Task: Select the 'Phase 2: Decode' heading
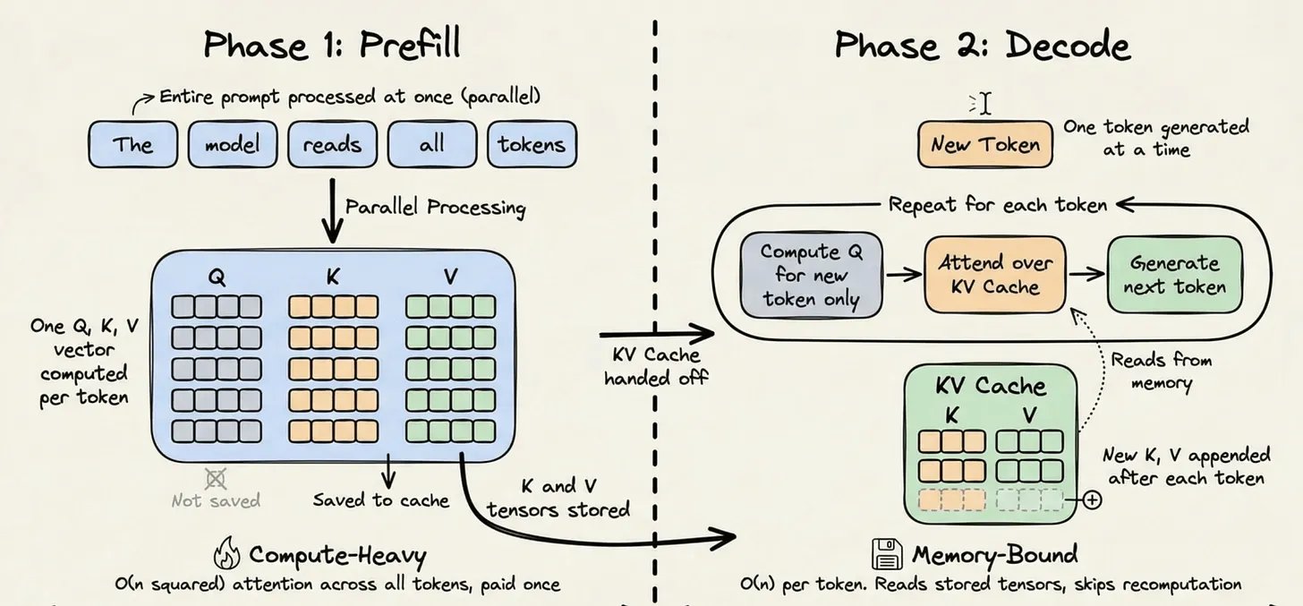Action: [x=982, y=45]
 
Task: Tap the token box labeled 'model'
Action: [x=233, y=144]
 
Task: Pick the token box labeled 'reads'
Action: [x=332, y=144]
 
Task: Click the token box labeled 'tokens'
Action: [x=532, y=144]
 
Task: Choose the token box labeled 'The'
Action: [x=132, y=144]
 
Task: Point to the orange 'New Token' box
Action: [x=985, y=144]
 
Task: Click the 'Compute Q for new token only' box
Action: [x=810, y=275]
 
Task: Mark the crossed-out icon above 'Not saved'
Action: [x=215, y=478]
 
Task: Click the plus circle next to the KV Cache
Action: [x=1091, y=499]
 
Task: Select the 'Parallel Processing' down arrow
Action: [x=333, y=211]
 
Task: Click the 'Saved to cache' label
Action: [x=380, y=499]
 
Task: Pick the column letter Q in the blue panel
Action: [x=217, y=277]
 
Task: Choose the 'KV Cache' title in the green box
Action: [x=990, y=386]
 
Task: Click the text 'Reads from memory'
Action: [x=1161, y=371]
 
